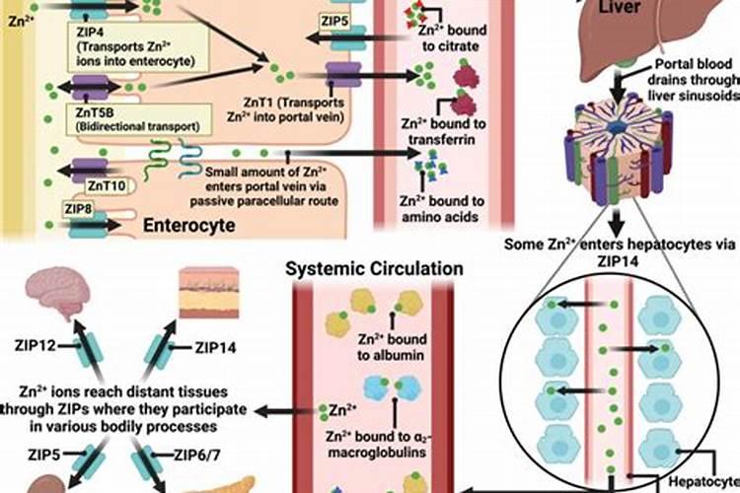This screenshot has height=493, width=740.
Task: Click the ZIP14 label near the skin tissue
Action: [x=214, y=346]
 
